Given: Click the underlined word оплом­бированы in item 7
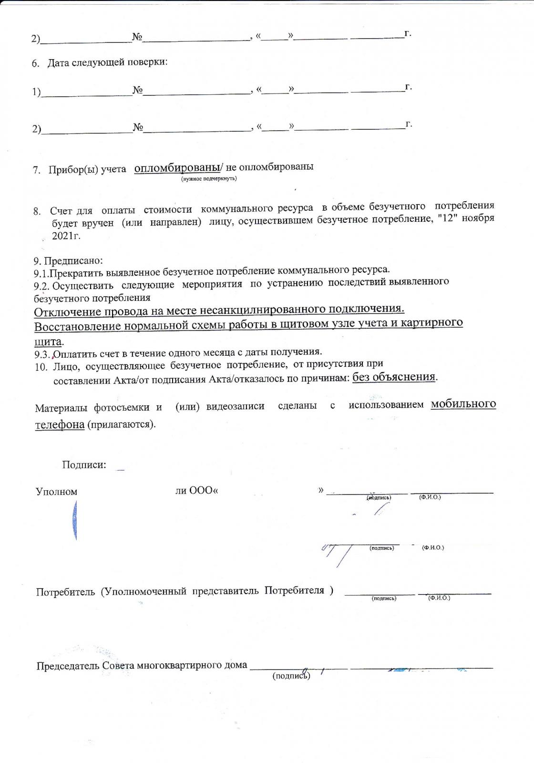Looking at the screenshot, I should tap(177, 168).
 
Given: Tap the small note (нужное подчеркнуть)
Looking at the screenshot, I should tap(208, 178).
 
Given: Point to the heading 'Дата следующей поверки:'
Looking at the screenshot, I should tap(107, 62).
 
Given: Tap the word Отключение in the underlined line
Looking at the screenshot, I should tap(67, 312).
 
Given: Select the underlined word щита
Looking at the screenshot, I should tap(48, 341).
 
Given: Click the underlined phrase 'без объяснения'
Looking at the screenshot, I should tap(394, 377).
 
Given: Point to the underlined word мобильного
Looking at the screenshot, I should tap(463, 404).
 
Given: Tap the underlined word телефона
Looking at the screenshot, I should tap(60, 424).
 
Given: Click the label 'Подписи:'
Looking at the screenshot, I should tap(84, 464).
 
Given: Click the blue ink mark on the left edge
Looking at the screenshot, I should tap(75, 522).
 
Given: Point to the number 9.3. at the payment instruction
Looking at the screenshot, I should tap(42, 354).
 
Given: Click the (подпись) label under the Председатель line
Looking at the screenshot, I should tap(291, 676).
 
